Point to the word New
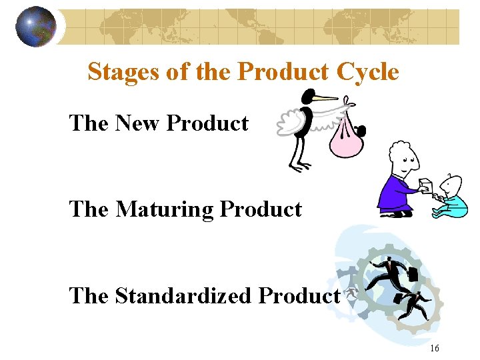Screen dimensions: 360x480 (139, 123)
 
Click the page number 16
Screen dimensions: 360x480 (435, 348)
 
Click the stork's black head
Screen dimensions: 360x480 (307, 96)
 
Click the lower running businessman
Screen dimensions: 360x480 (417, 303)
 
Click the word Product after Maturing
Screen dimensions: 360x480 (261, 209)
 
